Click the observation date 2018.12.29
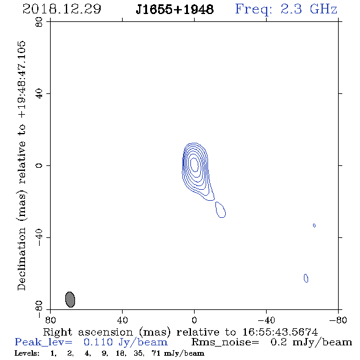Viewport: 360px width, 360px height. click(x=62, y=9)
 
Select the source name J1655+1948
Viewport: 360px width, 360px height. click(x=175, y=9)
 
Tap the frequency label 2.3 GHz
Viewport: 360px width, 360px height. click(x=309, y=9)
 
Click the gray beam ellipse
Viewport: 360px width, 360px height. click(x=70, y=300)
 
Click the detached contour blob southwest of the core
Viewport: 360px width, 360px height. click(x=220, y=210)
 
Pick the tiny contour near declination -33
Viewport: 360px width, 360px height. click(x=314, y=226)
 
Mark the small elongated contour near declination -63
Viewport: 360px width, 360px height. click(x=306, y=278)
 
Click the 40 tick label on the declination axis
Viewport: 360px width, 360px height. click(x=39, y=93)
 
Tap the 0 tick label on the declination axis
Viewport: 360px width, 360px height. click(x=39, y=165)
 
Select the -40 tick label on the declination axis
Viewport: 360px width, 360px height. click(x=39, y=237)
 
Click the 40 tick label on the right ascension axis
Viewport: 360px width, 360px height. click(x=122, y=320)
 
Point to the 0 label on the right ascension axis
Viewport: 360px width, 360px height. click(x=194, y=320)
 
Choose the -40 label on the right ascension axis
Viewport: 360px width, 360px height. click(x=266, y=320)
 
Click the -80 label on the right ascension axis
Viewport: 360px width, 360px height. click(x=338, y=320)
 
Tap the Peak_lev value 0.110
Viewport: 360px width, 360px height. click(x=98, y=342)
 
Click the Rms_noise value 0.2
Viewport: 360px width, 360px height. click(x=279, y=342)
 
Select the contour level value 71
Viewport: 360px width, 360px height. click(x=156, y=353)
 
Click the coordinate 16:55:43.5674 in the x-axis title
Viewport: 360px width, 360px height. click(x=280, y=332)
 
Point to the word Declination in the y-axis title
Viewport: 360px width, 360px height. click(x=21, y=259)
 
